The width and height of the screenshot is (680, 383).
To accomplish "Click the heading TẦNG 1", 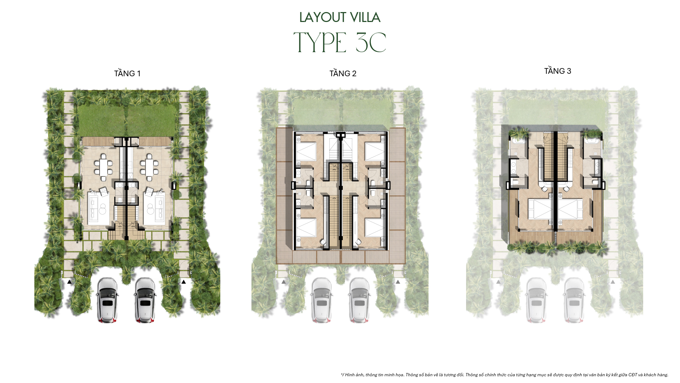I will point(127,73).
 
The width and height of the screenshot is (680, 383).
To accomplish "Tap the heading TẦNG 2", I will point(342,73).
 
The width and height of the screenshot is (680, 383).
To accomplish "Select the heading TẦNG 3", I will point(557,71).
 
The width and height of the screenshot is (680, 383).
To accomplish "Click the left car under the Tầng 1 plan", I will point(107,300).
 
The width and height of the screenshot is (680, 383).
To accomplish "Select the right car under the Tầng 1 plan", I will point(145,300).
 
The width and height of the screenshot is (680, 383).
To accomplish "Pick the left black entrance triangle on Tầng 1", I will point(69,282).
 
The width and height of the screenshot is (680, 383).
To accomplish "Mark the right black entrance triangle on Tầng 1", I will point(183,282).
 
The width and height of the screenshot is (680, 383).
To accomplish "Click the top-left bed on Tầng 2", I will point(306,152).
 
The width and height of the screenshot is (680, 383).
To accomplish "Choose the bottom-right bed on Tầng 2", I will point(375,227).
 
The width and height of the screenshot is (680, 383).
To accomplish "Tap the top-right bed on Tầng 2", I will point(375,152).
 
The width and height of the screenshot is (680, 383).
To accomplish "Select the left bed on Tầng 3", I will point(540,209).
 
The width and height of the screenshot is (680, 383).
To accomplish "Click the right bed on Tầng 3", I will point(570,209).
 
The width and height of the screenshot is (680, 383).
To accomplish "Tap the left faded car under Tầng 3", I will point(537,300).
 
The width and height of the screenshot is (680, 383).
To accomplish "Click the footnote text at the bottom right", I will point(504,375).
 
